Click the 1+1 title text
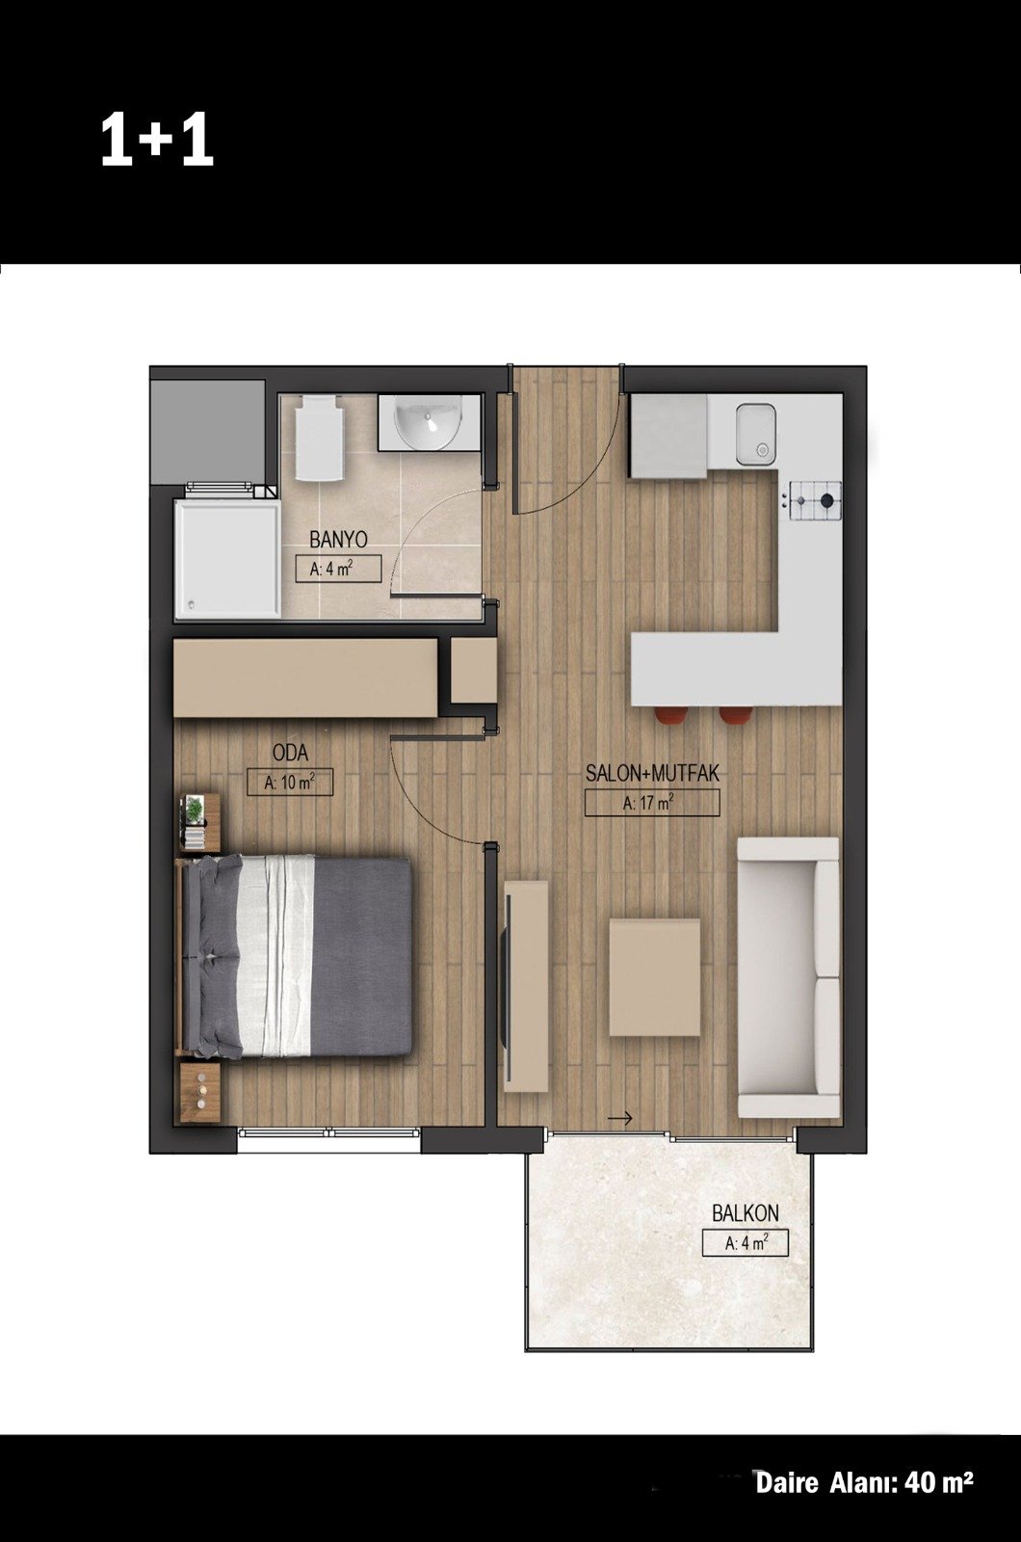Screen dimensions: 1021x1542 (157, 140)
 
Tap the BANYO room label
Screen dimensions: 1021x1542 (338, 539)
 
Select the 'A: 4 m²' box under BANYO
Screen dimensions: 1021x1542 (338, 570)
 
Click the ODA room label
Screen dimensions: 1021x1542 (290, 753)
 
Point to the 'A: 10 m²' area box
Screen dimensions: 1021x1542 (290, 782)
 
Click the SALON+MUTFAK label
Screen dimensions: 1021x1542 (652, 773)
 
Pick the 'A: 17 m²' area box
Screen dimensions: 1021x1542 (652, 803)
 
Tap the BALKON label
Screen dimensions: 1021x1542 (746, 1213)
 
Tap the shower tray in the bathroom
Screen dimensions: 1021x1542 (227, 558)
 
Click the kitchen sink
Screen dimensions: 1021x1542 (756, 434)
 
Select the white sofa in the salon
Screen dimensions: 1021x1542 (789, 977)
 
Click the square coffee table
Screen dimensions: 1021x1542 (655, 977)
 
